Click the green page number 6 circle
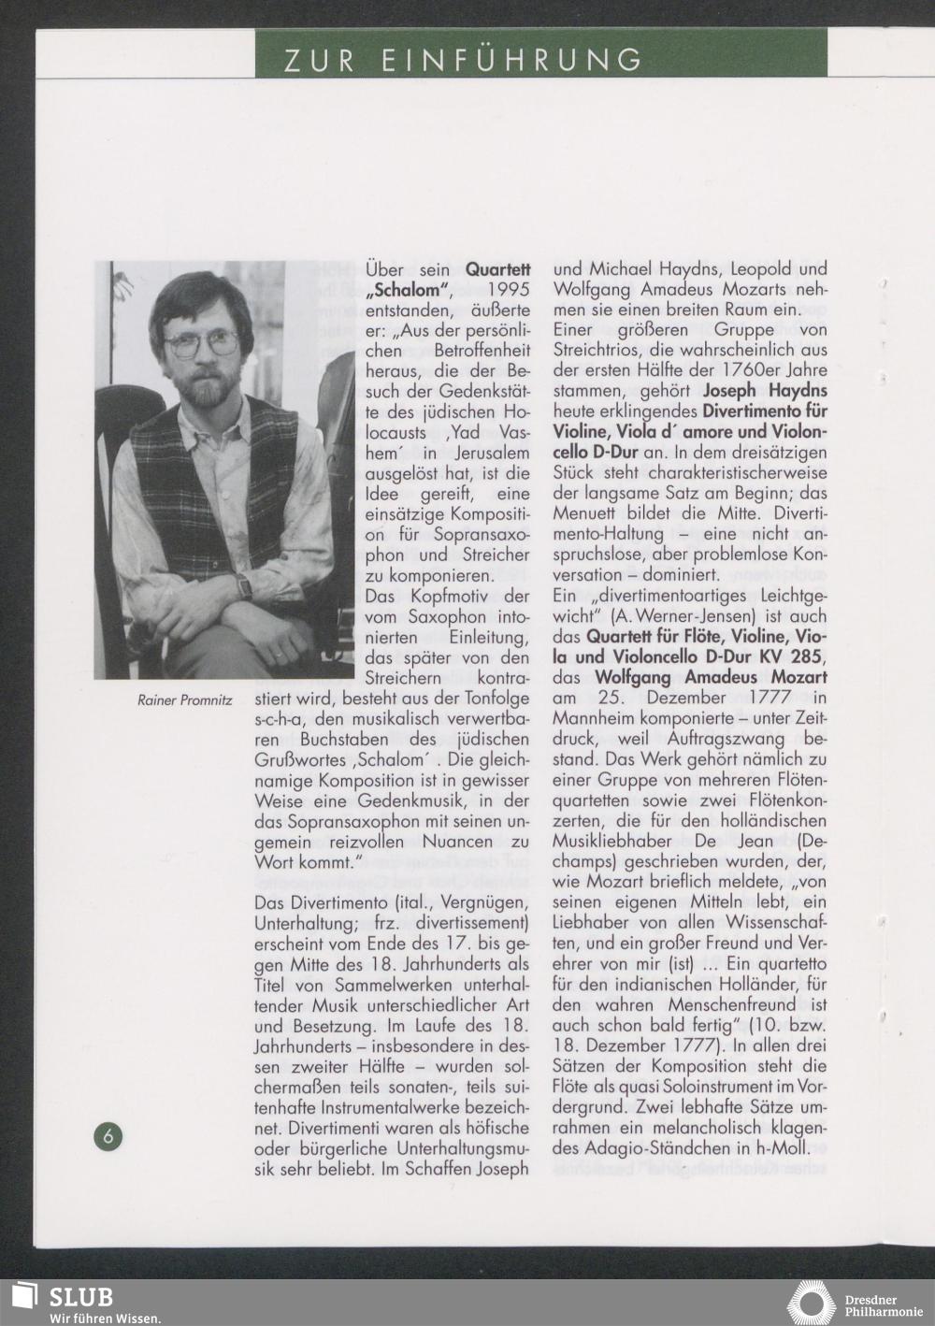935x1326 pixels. coord(108,1135)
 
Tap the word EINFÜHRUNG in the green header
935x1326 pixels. coord(511,60)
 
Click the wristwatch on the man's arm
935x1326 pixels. coord(244,586)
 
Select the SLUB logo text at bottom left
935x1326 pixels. coord(81,1297)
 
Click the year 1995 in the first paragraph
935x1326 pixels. coord(511,289)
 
